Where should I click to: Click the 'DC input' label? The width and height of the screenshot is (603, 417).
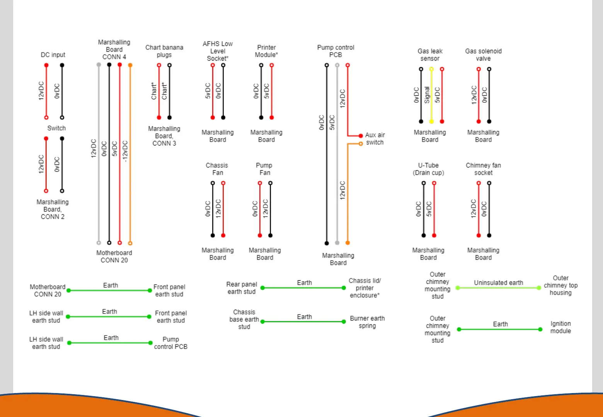[53, 55]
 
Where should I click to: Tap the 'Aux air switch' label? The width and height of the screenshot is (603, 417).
[375, 139]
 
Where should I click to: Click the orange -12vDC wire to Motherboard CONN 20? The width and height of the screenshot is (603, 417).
[130, 154]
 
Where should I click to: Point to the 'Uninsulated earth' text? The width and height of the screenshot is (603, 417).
[498, 283]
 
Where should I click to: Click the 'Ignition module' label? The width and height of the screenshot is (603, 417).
[560, 327]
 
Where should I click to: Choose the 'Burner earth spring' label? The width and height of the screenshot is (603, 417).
[367, 322]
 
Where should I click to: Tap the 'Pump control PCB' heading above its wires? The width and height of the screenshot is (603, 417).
[336, 51]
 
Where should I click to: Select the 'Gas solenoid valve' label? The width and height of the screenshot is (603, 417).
[483, 55]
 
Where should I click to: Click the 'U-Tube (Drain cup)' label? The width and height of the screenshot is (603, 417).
[428, 169]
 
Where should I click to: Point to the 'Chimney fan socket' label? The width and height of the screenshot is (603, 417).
[483, 169]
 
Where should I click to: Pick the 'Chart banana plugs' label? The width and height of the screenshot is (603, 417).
[164, 51]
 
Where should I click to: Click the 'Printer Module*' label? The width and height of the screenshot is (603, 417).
[266, 51]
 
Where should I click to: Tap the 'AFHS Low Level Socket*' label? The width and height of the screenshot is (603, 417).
[218, 51]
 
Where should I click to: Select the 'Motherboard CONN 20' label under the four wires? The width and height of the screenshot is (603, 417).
[114, 256]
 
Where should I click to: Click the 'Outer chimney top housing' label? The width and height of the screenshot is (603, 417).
[560, 285]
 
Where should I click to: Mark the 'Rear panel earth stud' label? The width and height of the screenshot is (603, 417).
[242, 288]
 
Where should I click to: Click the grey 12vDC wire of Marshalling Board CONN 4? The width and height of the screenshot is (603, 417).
[99, 154]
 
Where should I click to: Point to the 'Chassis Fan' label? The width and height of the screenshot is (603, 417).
[217, 169]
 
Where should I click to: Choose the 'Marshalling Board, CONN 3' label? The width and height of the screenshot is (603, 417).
[164, 136]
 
